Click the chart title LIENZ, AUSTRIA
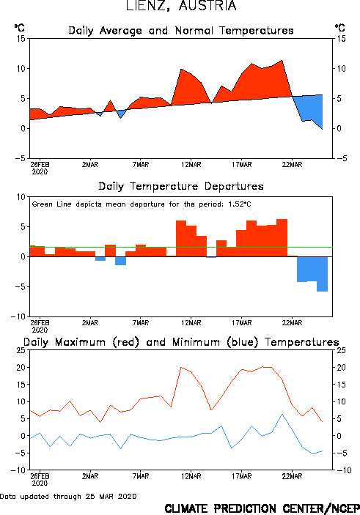181,6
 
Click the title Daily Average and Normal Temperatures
181,31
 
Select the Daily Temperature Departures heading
181,187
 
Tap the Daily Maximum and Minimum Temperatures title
181,342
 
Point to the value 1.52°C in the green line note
240,204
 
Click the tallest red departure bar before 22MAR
282,238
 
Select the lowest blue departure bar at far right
322,274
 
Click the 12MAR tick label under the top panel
191,165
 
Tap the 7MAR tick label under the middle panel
141,323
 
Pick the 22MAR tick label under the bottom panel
292,476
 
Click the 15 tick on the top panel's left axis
21,39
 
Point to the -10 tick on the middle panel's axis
18,317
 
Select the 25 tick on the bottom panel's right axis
341,350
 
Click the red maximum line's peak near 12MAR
181,367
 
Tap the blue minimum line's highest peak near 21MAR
282,414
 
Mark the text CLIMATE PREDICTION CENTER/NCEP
262,508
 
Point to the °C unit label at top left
19,28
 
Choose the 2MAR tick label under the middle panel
90,323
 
